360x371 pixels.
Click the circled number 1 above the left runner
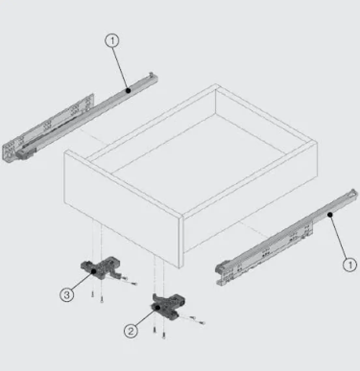pos(112,41)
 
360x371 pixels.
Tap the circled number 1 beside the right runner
pos(350,265)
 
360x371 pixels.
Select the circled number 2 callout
pos(131,331)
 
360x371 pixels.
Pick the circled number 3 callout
pos(67,295)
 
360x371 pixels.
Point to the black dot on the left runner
pos(128,90)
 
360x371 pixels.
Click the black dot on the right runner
pos(330,214)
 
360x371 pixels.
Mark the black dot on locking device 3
pos(94,271)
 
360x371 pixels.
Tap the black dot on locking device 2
pos(157,308)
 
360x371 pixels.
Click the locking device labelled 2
pos(168,307)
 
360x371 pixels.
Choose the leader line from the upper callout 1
pos(121,68)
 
